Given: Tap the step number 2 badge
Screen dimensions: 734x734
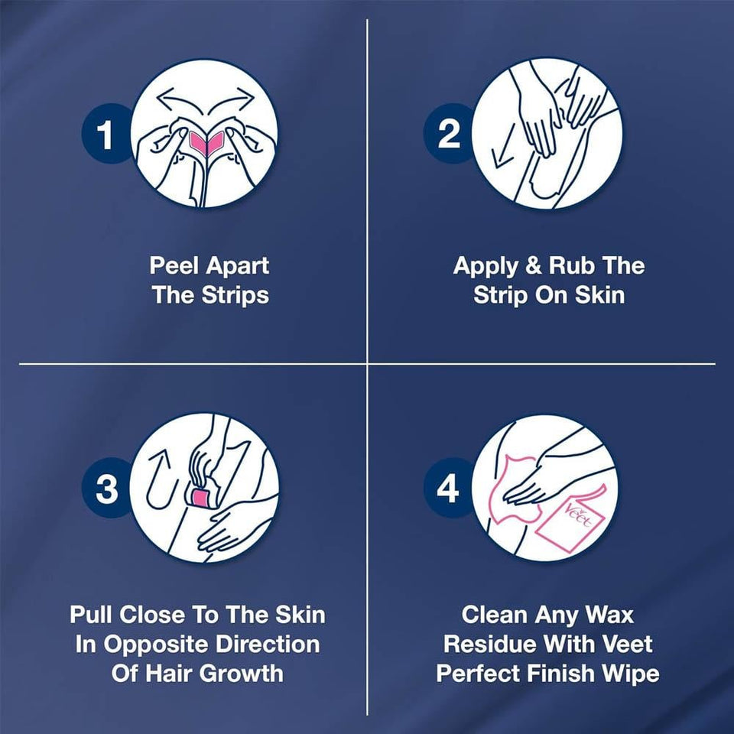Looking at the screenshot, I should coord(449,134).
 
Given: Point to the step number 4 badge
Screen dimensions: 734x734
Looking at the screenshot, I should coord(449,487).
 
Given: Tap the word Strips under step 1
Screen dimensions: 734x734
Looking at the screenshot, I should coord(235,295).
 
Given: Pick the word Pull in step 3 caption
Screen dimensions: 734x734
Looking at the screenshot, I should coord(94,615).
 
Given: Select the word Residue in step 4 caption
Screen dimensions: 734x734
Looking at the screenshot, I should coord(490,644).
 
